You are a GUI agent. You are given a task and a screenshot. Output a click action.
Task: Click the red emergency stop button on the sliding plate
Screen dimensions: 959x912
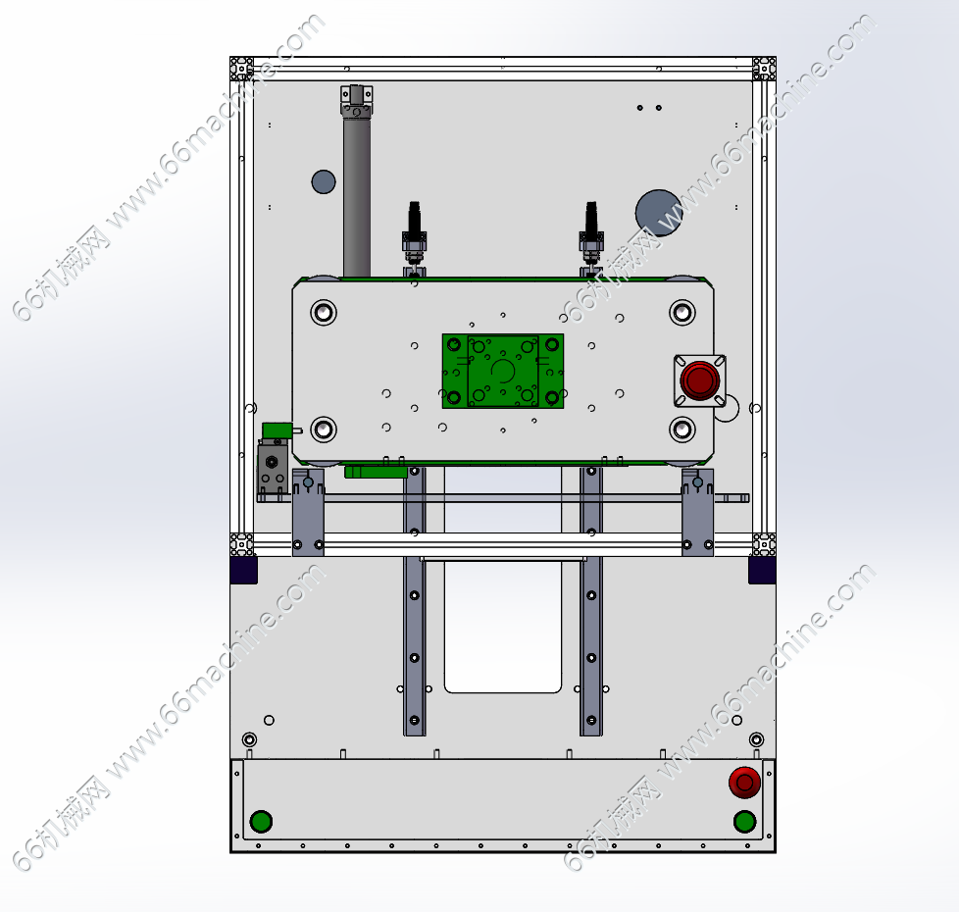coord(700,380)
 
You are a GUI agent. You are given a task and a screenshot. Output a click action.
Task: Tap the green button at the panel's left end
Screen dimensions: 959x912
coord(261,822)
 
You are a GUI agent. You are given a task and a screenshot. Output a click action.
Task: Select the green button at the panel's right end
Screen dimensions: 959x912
coord(744,822)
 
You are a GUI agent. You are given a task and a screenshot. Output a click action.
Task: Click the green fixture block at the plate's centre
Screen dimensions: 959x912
coord(503,371)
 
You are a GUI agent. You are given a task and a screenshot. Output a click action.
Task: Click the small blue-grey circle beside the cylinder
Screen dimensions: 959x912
coord(324,181)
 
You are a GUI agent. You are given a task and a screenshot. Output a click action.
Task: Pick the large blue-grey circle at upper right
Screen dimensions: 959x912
coord(658,213)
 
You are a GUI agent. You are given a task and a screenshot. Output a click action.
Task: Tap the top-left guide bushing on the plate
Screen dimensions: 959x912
coord(324,313)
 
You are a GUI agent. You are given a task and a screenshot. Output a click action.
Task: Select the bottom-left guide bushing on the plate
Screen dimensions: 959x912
coord(324,430)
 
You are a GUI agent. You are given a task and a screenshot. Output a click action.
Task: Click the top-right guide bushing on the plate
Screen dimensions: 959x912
coord(681,313)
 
